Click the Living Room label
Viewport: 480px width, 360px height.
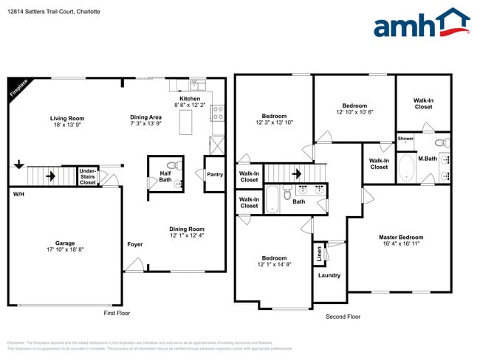(67, 118)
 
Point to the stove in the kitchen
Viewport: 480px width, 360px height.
(218, 113)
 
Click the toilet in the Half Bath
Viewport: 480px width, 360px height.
(172, 166)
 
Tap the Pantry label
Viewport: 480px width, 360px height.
(215, 174)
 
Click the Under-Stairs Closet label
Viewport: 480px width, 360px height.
(88, 178)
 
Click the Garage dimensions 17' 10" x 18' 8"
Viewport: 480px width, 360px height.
(65, 249)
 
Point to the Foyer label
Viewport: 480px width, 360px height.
(134, 244)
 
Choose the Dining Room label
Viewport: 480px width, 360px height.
(186, 229)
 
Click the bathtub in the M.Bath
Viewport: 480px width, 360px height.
(407, 167)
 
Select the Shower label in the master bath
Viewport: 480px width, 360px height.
(405, 138)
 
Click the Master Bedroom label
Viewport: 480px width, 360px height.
(401, 237)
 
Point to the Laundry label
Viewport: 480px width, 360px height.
(329, 275)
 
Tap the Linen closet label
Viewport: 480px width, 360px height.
(319, 253)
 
